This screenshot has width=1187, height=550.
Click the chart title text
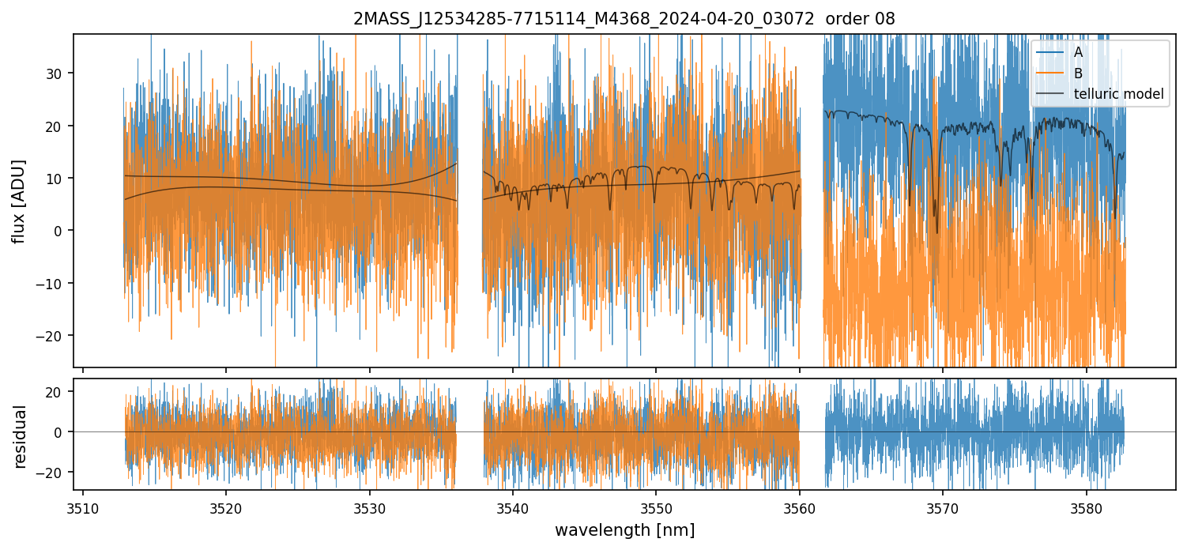point(624,19)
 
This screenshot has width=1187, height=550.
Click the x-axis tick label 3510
point(83,507)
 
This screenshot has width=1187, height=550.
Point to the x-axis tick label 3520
point(226,507)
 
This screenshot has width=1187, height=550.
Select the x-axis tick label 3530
point(370,507)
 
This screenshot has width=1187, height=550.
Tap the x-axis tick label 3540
point(513,507)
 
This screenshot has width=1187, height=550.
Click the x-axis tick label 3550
point(656,507)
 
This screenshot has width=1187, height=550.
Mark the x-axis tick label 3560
point(800,507)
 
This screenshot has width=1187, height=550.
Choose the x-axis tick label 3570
point(943,507)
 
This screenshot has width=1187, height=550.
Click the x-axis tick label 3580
point(1086,507)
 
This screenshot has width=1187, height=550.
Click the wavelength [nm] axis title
point(624,529)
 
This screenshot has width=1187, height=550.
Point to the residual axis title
point(19,436)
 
